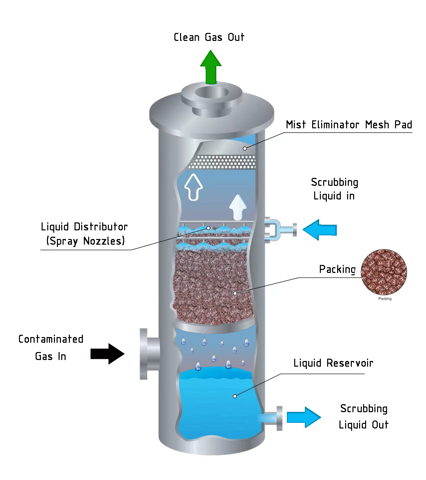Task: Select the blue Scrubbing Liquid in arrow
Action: [x=319, y=230]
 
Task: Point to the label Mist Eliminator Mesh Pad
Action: [x=349, y=125]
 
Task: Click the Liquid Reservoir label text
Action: [x=333, y=363]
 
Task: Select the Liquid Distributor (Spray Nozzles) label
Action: [x=84, y=234]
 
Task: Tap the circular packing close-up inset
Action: [x=384, y=272]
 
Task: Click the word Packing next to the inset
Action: [x=337, y=269]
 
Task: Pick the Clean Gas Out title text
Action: [x=209, y=37]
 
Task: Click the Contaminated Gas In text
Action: [x=51, y=347]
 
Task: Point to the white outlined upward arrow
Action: [x=193, y=187]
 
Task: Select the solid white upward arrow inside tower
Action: [x=238, y=207]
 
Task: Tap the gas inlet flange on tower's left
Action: [x=144, y=354]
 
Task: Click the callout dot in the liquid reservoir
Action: [x=235, y=396]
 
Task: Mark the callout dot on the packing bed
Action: [x=235, y=293]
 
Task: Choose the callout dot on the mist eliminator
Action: [x=245, y=149]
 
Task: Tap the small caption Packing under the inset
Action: [x=385, y=299]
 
